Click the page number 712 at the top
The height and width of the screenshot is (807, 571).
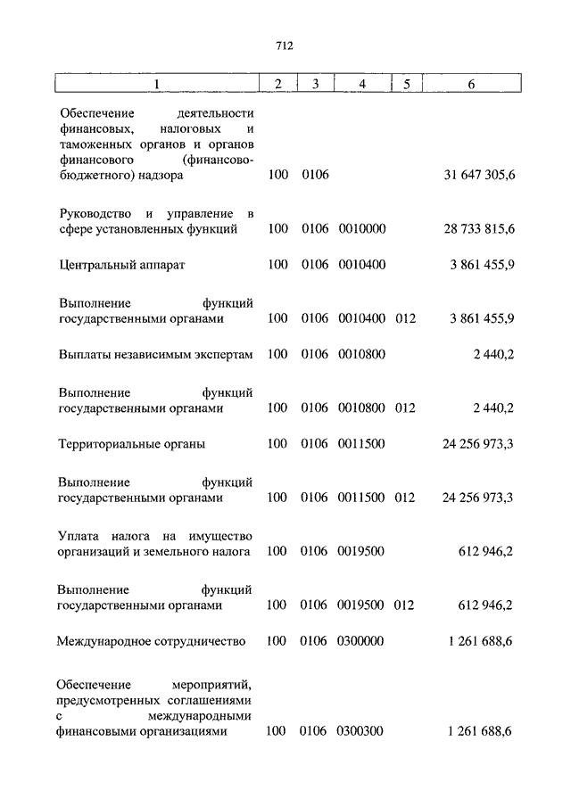285,46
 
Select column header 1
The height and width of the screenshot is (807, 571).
156,84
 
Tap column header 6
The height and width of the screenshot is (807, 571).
470,84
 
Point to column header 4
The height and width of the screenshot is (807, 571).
361,84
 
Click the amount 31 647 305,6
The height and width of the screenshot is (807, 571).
478,175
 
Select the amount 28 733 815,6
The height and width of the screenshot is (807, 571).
478,229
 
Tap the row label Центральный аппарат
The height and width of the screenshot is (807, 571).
121,265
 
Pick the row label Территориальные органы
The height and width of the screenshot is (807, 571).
131,443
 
